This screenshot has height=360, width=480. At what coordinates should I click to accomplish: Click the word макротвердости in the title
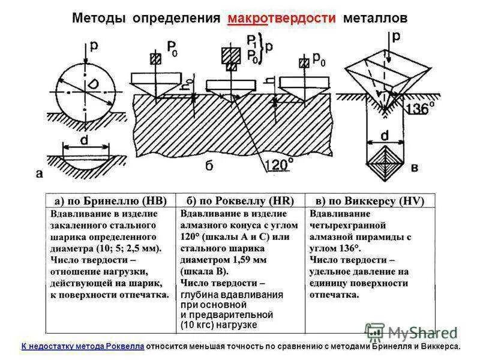pyautogui.click(x=281, y=18)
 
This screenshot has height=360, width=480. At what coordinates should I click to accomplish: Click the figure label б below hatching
pyautogui.click(x=209, y=166)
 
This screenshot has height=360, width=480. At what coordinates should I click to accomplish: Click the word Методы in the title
pyautogui.click(x=98, y=18)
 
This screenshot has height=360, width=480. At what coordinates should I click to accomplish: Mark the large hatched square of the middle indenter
pyautogui.click(x=230, y=56)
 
